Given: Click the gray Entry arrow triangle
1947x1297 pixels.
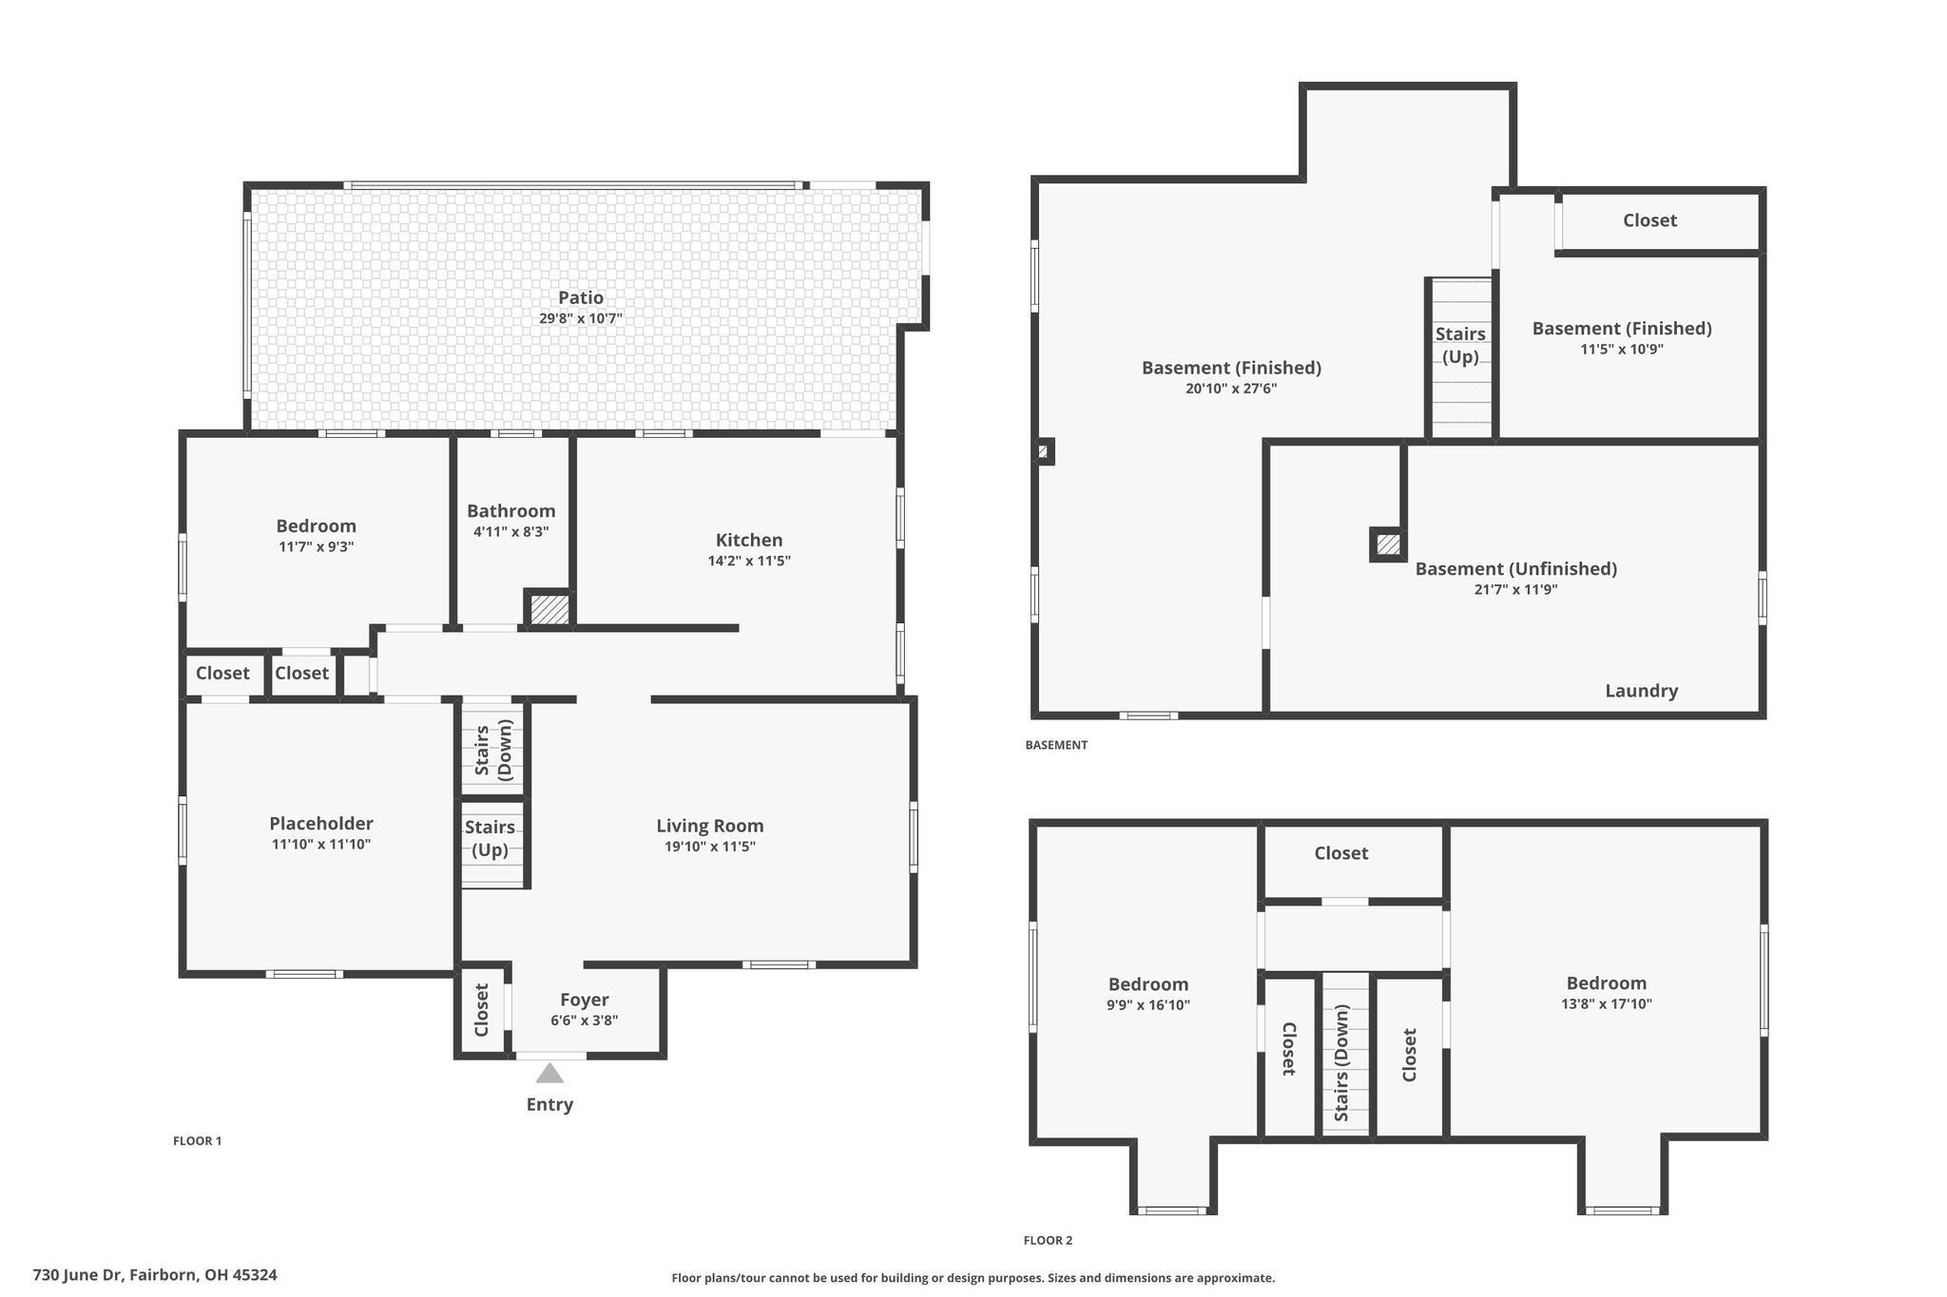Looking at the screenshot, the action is coord(549,1073).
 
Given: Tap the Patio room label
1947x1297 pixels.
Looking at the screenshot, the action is coord(581,297).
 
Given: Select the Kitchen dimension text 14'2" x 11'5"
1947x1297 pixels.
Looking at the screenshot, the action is coord(749,561).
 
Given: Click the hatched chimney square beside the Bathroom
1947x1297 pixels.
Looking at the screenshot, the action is coord(549,609).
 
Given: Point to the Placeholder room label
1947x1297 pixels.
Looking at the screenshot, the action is coord(321,823).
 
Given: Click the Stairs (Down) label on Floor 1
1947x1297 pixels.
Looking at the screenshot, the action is coord(492,750).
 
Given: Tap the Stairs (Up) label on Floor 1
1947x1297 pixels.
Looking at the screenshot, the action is coord(491,838).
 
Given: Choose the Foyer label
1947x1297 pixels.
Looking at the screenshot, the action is coord(585,1000).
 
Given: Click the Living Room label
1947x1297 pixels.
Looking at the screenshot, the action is coord(710,826).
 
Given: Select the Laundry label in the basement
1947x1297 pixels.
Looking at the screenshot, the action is coord(1642,691).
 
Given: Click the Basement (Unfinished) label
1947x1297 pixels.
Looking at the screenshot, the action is coord(1516,568).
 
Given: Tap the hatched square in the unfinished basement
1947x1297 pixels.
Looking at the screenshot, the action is coord(1388,544).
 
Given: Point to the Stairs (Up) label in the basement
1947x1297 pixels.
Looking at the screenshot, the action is coord(1460,345).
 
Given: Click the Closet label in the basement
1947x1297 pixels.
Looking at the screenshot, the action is coord(1649,220).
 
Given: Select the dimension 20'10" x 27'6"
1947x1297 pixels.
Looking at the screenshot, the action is coord(1231,389).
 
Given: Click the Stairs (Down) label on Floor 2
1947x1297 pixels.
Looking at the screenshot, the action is coord(1341,1063).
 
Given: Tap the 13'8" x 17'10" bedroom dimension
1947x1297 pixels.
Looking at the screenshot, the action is coord(1607,1003).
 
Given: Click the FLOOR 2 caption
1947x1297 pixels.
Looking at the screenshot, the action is coord(1048,1240).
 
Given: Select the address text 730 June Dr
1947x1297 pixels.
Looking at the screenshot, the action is coord(78,1275).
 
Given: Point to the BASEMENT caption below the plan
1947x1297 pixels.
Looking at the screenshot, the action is coord(1056,745).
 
